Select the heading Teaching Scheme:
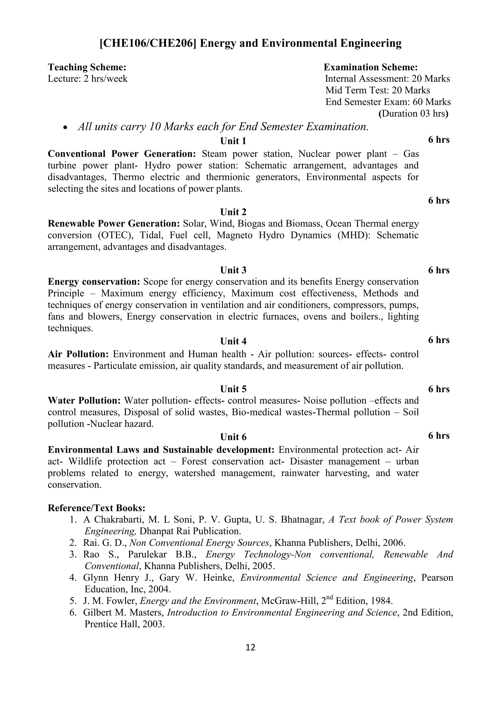(87, 67)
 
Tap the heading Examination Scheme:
(371, 67)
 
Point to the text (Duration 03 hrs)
(413, 114)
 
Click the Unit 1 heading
(233, 141)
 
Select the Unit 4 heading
(233, 342)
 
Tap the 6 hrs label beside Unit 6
(439, 436)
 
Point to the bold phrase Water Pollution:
(84, 401)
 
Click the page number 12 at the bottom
(250, 648)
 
